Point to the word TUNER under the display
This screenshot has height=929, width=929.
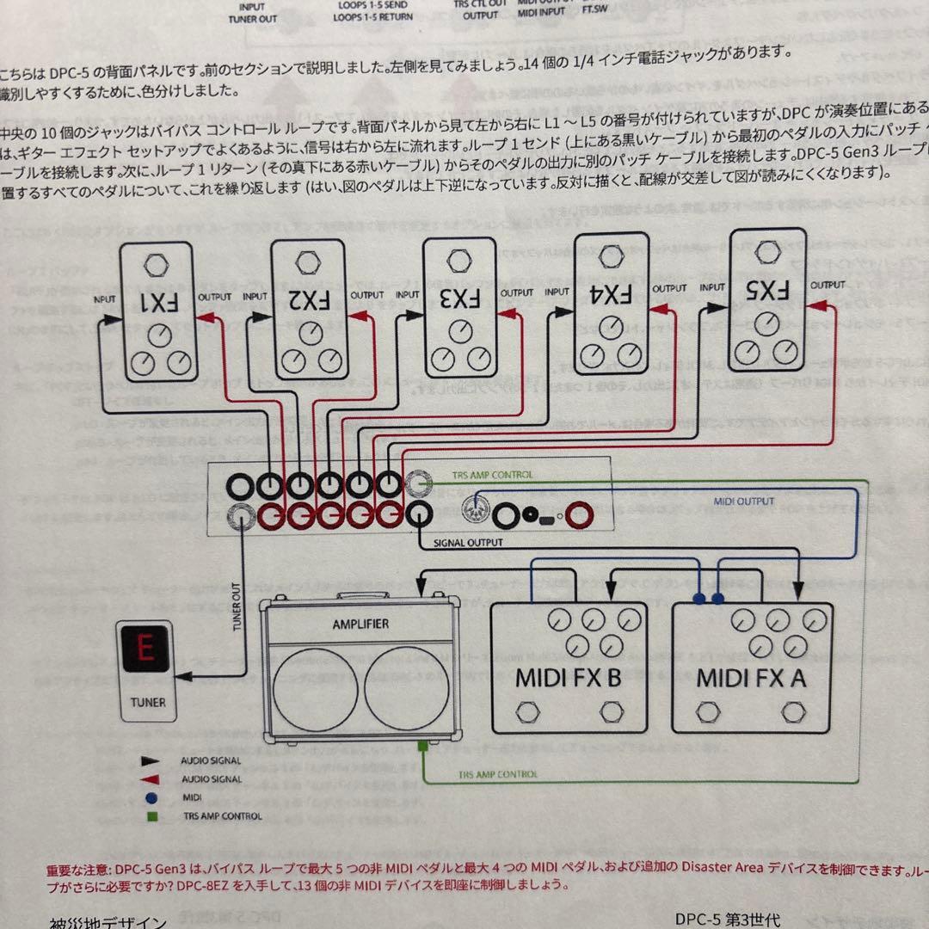pyautogui.click(x=148, y=702)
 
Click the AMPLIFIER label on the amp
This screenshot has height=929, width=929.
pyautogui.click(x=360, y=624)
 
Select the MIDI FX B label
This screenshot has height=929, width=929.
pyautogui.click(x=568, y=677)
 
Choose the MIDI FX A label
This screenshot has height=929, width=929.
pyautogui.click(x=752, y=677)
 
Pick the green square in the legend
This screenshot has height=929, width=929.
pyautogui.click(x=151, y=815)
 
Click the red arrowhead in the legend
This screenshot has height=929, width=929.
pyautogui.click(x=151, y=779)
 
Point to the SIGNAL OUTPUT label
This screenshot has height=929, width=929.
pyautogui.click(x=468, y=543)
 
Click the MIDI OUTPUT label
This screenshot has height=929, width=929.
pyautogui.click(x=744, y=501)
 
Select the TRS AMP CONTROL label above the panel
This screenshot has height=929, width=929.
pyautogui.click(x=492, y=475)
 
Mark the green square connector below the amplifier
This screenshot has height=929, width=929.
pyautogui.click(x=422, y=747)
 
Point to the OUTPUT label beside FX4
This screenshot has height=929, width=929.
pyautogui.click(x=668, y=289)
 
